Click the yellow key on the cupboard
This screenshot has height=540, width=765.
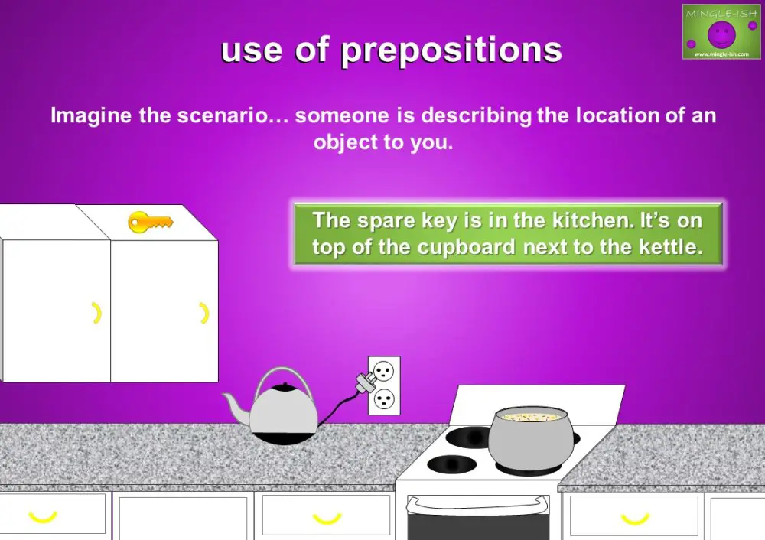coord(150,223)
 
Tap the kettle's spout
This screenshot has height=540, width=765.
coord(234,405)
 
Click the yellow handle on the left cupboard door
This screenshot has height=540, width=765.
coord(96,312)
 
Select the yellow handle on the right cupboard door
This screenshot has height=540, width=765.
coord(204,312)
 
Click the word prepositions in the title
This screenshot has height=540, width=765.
coord(451,50)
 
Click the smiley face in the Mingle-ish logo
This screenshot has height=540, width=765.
coord(720,33)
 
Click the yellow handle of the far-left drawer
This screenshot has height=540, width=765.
coord(43,517)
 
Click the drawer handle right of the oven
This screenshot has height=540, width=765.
coord(634,518)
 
